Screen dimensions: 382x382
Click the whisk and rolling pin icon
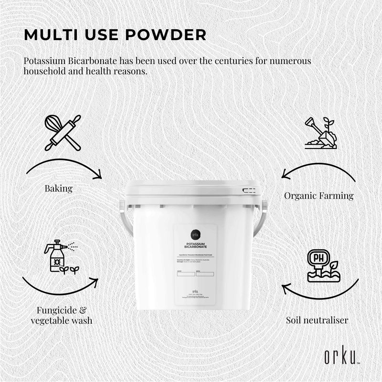(63, 132)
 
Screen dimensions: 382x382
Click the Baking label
(58, 188)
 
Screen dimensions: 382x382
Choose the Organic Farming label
(318, 195)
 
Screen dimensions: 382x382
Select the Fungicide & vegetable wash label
(61, 315)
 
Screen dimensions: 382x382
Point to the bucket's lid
(193, 187)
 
